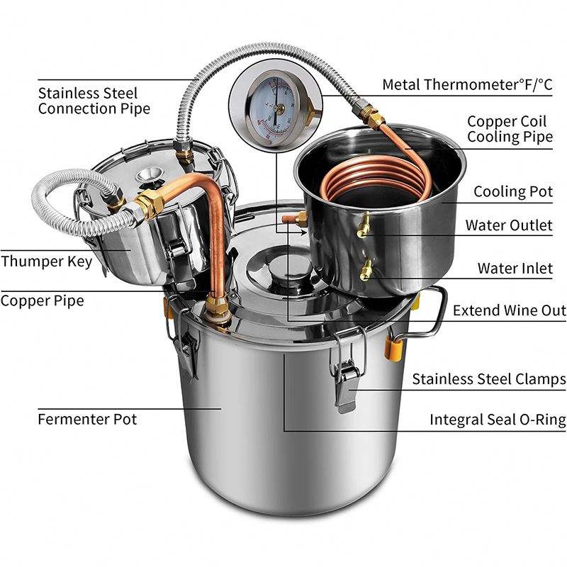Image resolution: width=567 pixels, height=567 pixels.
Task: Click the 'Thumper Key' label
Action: coord(47,262)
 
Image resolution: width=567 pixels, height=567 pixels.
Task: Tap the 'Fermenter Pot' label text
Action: coord(87,419)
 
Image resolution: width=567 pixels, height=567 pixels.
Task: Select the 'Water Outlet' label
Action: coord(509,225)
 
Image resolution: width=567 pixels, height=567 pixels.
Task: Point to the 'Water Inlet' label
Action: coord(515,268)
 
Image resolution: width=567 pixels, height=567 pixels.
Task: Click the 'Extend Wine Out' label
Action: coord(509,310)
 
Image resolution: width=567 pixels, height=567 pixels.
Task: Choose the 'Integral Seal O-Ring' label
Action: coord(498,420)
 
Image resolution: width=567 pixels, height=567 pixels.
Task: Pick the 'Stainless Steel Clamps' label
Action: coord(489,379)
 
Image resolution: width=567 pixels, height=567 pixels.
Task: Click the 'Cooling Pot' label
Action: coord(513,191)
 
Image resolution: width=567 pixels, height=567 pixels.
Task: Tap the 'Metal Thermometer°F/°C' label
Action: coord(468,84)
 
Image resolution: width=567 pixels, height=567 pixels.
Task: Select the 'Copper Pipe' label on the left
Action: coord(43,301)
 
